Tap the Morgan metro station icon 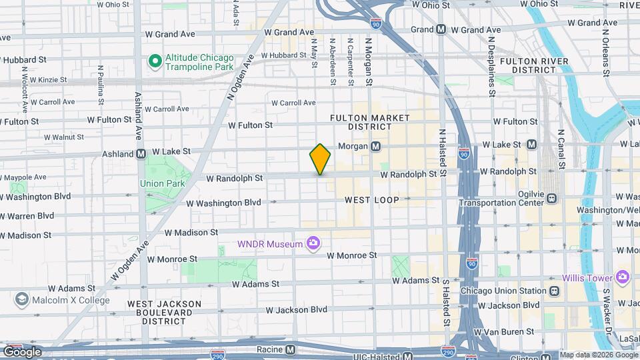[375, 146]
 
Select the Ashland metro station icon [141, 153]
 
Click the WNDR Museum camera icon [312, 244]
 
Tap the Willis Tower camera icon [623, 277]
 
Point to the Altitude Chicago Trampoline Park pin [155, 62]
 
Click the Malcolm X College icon [21, 300]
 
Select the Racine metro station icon [290, 349]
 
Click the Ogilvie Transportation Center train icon [551, 198]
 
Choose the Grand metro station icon [441, 29]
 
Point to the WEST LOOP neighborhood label [372, 200]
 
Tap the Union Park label [157, 183]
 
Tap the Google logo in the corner [22, 351]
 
